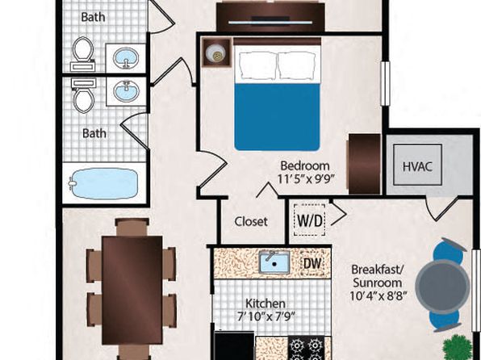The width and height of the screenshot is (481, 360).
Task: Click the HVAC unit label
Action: (x=417, y=166)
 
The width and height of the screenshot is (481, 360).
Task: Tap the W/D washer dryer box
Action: (x=310, y=220)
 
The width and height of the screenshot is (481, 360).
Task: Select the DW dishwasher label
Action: (x=312, y=263)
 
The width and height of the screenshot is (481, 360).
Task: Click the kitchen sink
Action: (x=274, y=262)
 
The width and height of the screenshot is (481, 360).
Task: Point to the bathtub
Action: (x=103, y=183)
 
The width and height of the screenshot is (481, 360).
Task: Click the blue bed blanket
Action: (x=277, y=117)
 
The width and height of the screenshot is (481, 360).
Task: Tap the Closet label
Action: (x=251, y=221)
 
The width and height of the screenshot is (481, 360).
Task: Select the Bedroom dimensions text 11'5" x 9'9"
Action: (x=306, y=178)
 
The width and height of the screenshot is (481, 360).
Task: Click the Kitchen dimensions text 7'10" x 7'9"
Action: (x=266, y=316)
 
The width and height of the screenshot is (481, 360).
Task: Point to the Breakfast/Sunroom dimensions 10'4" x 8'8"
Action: (x=379, y=296)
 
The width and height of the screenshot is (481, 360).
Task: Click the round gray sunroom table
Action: (x=442, y=285)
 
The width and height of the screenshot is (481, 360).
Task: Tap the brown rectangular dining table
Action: (x=132, y=290)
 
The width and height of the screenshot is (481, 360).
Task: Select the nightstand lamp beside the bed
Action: (x=216, y=52)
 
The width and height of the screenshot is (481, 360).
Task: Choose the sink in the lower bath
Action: (x=126, y=91)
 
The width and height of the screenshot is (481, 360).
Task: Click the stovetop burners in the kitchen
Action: (x=306, y=348)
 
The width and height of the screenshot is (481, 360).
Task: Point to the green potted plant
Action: (x=458, y=348)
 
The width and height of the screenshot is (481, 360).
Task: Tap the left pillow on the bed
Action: (x=257, y=65)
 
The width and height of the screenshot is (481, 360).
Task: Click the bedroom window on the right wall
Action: (x=385, y=83)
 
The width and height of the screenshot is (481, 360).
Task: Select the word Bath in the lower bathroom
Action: (x=94, y=133)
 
